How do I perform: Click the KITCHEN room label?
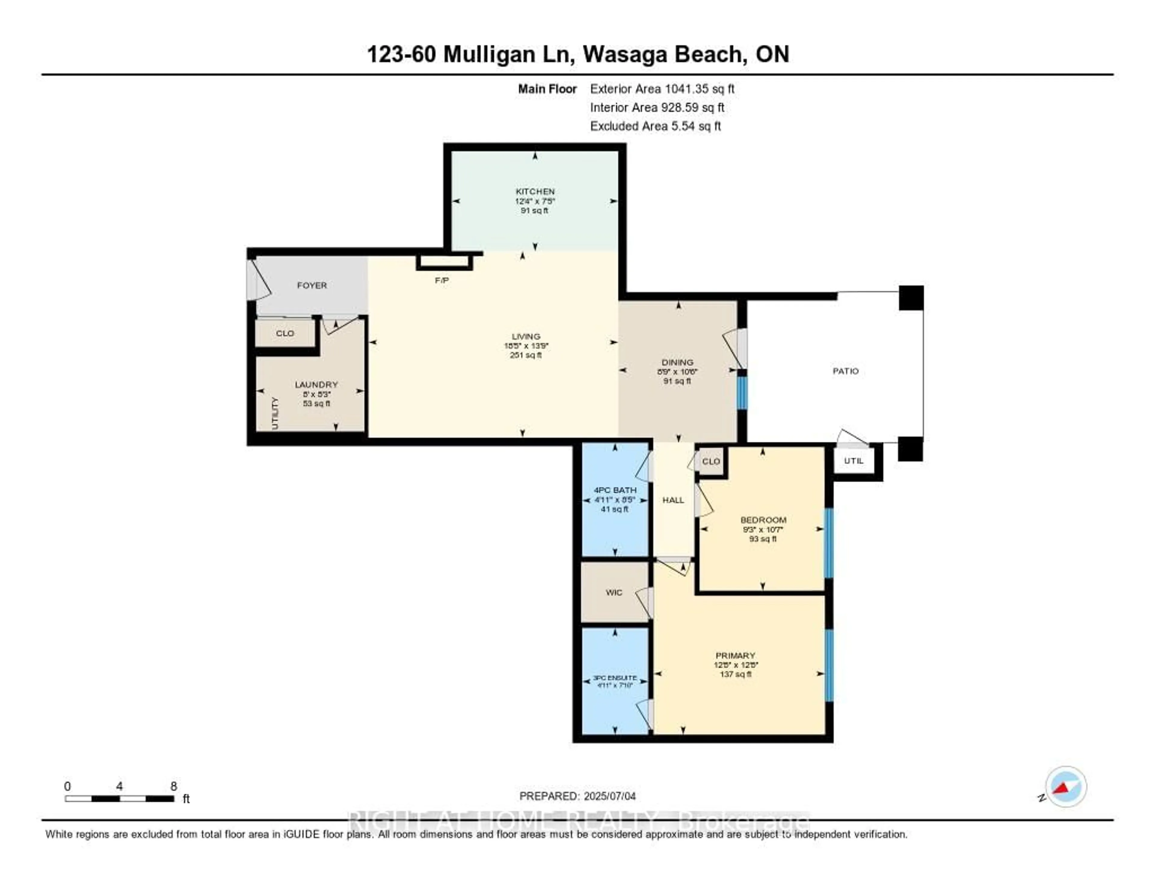pyautogui.click(x=535, y=191)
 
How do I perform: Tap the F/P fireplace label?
pyautogui.click(x=442, y=280)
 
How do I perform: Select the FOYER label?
pyautogui.click(x=312, y=285)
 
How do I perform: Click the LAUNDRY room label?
pyautogui.click(x=316, y=384)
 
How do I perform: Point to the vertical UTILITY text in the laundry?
pyautogui.click(x=275, y=413)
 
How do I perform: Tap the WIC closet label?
pyautogui.click(x=614, y=592)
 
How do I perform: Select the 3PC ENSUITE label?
pyautogui.click(x=614, y=678)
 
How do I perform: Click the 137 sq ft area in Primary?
pyautogui.click(x=735, y=674)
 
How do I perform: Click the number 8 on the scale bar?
pyautogui.click(x=174, y=786)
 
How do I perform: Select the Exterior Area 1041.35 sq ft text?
pyautogui.click(x=662, y=89)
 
